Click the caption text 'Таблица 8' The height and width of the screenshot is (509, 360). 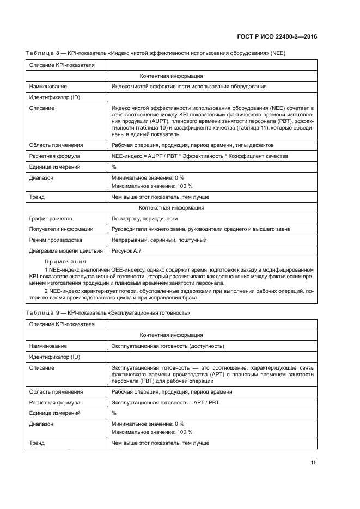point(43,53)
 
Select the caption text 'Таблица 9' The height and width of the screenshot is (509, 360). point(43,314)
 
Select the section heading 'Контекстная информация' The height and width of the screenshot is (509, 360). point(172,207)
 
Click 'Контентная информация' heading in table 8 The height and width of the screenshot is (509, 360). point(172,76)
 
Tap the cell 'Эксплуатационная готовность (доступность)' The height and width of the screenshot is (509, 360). point(168,346)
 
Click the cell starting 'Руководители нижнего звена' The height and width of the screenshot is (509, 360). point(200,229)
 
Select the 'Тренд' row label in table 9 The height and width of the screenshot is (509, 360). point(37,443)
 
